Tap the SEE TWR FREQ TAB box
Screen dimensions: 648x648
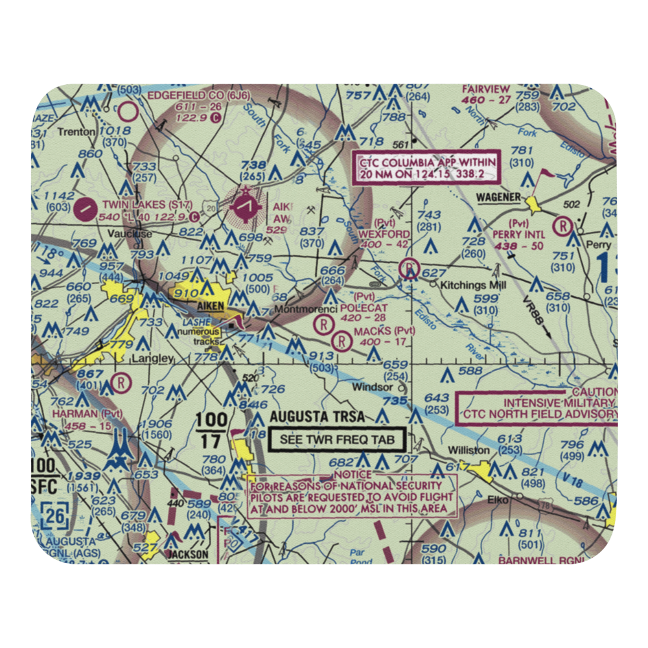pos(336,439)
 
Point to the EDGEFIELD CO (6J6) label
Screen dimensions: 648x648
pos(190,95)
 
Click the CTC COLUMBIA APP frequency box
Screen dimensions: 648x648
pos(428,167)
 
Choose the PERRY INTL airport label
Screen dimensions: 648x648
pos(518,234)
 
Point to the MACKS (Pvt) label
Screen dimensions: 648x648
pos(384,331)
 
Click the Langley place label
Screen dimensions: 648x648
pos(153,358)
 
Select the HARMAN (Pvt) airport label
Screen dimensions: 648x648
pos(87,413)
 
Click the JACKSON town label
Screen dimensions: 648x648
pos(188,555)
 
